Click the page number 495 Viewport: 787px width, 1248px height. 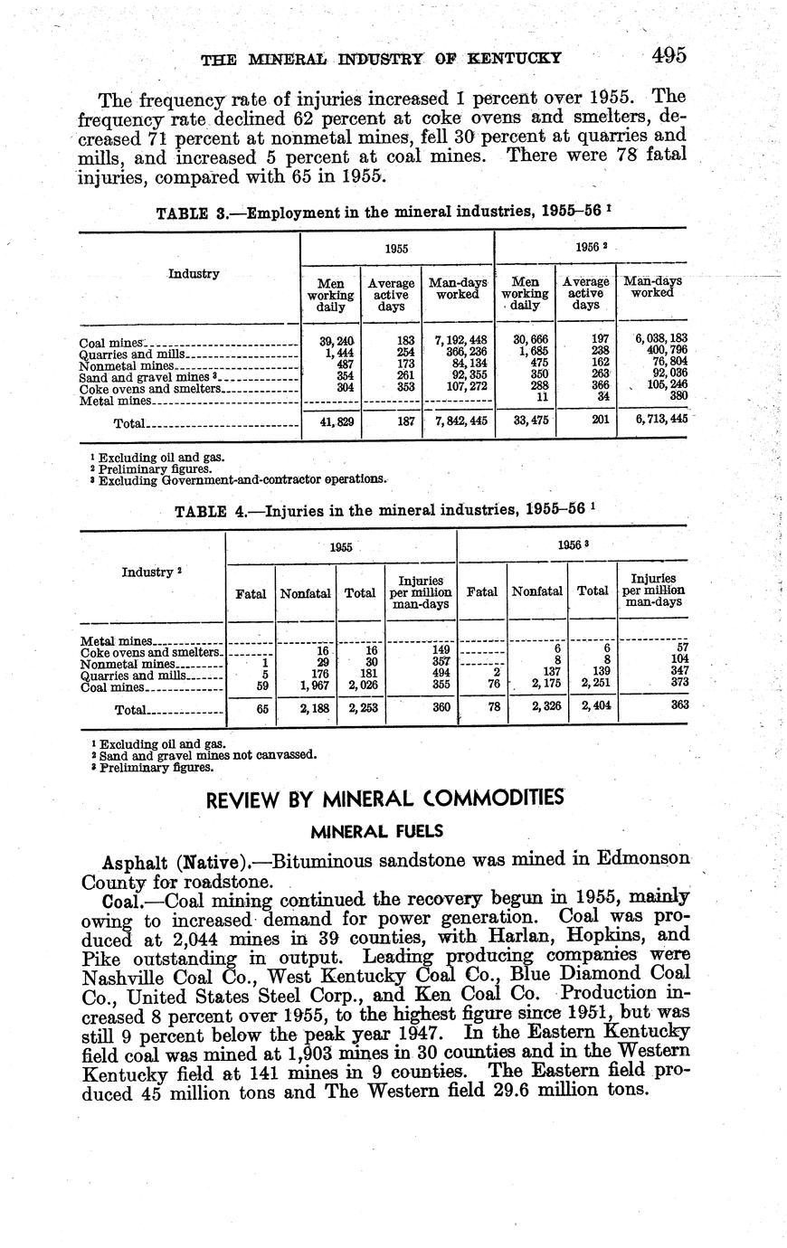[668, 56]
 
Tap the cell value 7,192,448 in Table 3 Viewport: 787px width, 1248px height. [459, 340]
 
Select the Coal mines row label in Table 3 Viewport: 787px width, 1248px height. [112, 343]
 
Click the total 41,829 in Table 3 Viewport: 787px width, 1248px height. [330, 421]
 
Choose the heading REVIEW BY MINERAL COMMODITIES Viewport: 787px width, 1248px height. [385, 799]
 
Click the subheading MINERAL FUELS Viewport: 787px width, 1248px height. [384, 829]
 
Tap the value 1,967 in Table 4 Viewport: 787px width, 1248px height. [307, 686]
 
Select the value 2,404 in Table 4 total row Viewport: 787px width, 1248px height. [592, 707]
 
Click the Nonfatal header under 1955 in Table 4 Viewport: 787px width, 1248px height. [306, 593]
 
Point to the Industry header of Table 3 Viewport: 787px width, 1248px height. [194, 273]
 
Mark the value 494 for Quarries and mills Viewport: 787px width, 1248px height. [440, 675]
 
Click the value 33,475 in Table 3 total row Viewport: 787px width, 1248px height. [525, 420]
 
